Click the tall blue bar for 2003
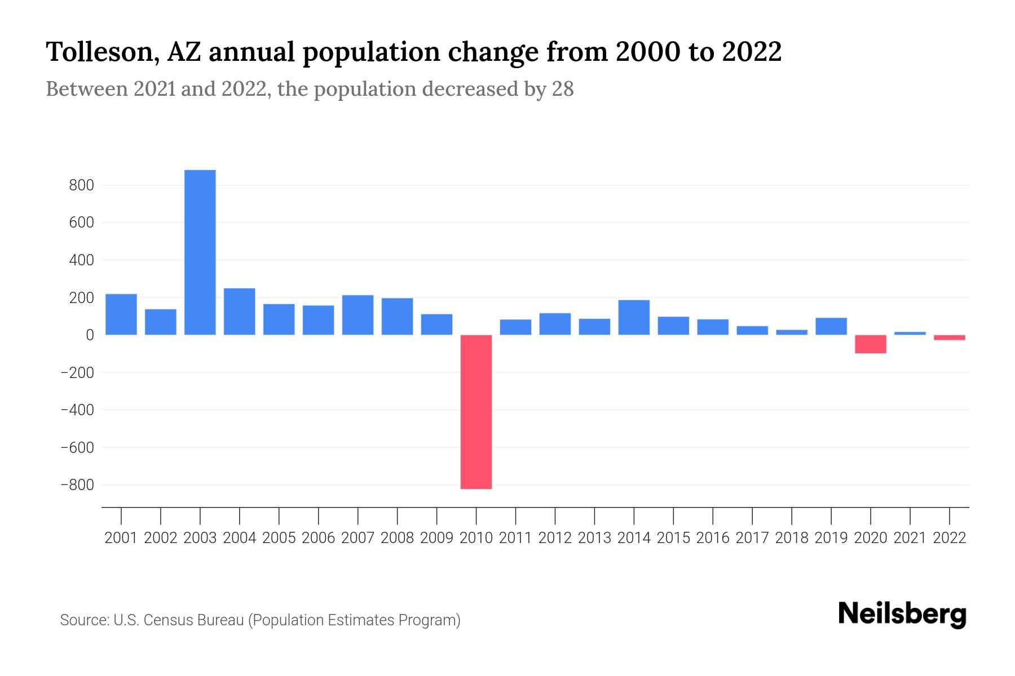click(x=200, y=252)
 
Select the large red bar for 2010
click(x=476, y=412)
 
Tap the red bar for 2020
click(x=871, y=344)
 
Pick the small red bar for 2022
click(x=950, y=337)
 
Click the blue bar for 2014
click(x=634, y=317)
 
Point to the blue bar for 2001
click(x=121, y=314)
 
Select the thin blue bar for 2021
click(x=910, y=333)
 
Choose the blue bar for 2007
click(x=358, y=315)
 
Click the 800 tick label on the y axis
click(x=81, y=185)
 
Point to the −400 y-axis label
click(x=77, y=410)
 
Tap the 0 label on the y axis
click(x=90, y=335)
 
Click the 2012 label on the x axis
click(x=555, y=538)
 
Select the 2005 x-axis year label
click(x=279, y=538)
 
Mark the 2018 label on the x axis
click(x=792, y=538)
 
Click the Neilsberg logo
click(x=902, y=614)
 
